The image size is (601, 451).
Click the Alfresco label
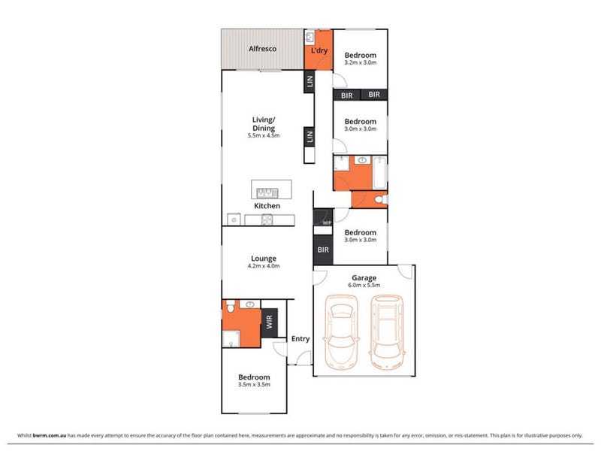262,49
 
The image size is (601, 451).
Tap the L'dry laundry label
319,50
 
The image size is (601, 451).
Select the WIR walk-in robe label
269,322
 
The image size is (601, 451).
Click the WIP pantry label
327,222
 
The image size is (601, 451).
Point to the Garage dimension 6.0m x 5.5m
364,285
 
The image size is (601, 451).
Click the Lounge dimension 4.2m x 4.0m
264,266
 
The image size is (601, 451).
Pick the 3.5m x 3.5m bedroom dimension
254,384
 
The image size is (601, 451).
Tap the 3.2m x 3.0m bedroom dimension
361,62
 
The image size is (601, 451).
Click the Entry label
300,339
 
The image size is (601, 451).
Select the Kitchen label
267,206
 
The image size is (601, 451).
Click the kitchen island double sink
267,193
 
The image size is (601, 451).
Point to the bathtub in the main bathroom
379,173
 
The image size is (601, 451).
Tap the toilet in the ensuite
231,307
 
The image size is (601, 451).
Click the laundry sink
310,37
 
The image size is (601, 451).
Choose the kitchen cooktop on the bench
267,219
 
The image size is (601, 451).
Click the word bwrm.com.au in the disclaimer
50,435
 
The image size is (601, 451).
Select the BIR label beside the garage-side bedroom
323,250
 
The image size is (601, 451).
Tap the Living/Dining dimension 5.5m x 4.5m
264,135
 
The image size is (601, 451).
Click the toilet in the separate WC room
381,199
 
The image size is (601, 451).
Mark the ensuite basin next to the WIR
250,304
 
